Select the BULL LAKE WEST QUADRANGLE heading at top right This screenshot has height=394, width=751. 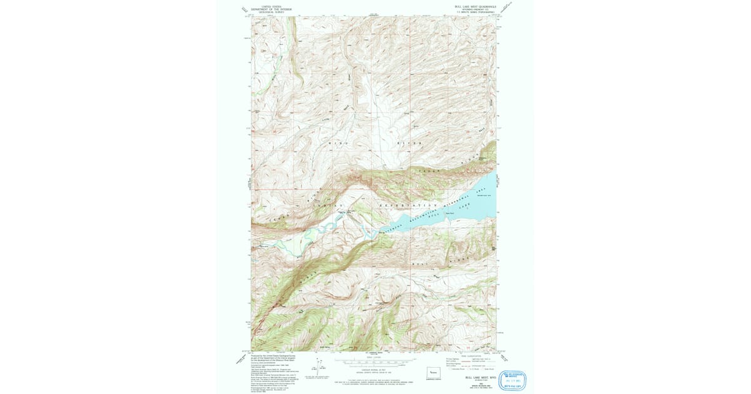click(x=475, y=6)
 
